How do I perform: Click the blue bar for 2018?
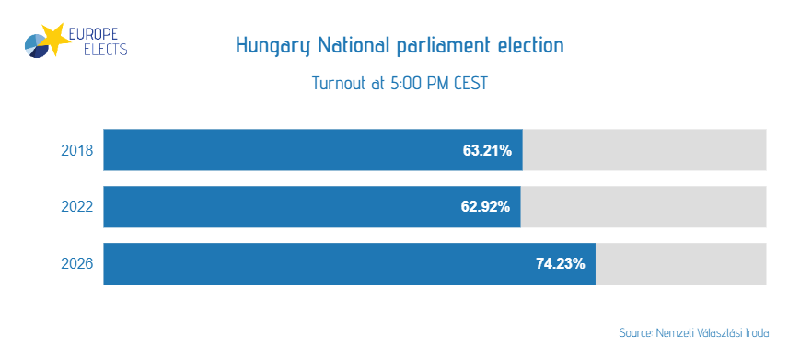point(276,150)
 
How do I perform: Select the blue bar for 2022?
point(276,207)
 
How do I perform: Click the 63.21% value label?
point(487,150)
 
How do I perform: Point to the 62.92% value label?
point(485,207)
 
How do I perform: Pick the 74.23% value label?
point(560,264)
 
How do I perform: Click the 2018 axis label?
point(77,150)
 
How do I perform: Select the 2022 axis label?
point(77,207)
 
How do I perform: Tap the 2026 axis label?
point(77,264)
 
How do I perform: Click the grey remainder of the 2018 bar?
point(644,150)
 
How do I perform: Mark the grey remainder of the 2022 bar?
point(643,207)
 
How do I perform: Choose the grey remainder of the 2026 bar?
point(681,264)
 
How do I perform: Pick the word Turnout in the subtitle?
point(340,84)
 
